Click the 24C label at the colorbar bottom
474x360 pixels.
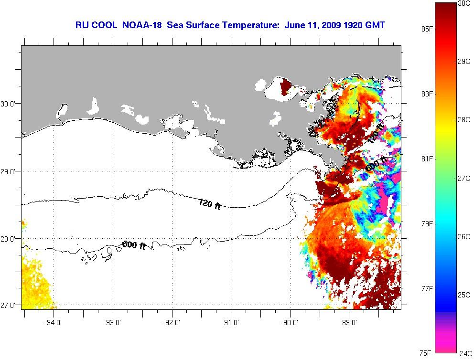465,354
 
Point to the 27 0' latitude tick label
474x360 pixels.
8,305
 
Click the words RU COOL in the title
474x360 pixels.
96,25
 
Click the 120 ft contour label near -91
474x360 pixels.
210,204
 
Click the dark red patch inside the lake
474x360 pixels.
286,87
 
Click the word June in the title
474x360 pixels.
294,25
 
